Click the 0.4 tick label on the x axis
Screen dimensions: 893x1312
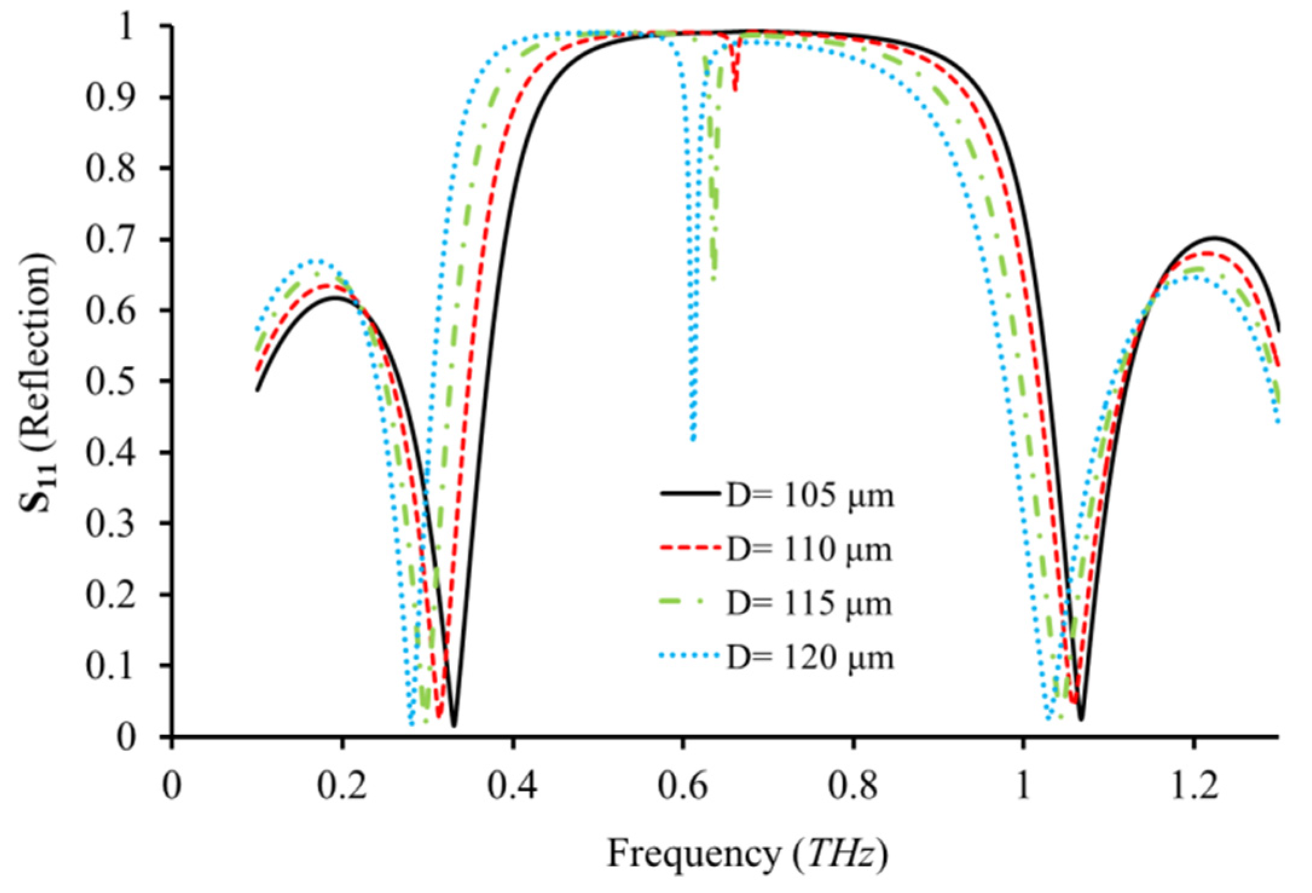pos(512,787)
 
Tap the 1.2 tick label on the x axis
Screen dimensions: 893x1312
pos(1194,787)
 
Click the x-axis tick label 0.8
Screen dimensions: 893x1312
pos(853,787)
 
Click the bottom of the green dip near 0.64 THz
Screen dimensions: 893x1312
pos(714,278)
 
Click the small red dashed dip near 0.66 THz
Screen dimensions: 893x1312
pos(735,89)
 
